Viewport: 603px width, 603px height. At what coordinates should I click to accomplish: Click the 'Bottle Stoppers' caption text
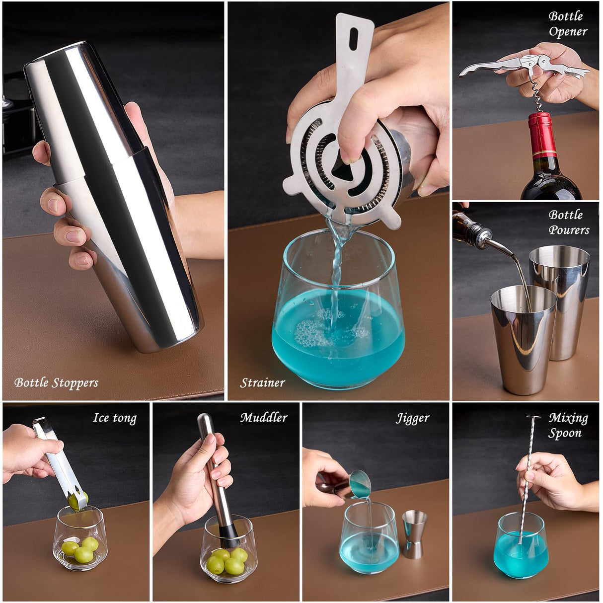[x=56, y=383]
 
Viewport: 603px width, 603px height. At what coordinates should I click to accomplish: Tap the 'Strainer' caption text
[x=262, y=383]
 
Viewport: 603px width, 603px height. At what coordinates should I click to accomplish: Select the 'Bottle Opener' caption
[x=568, y=24]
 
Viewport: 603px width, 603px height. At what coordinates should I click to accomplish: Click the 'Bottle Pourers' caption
[x=569, y=223]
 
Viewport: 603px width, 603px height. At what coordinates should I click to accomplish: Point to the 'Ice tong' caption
[x=115, y=418]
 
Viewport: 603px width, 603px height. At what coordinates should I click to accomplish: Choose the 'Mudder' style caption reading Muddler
[x=264, y=418]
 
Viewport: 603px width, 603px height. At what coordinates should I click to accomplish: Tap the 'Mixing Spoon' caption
[x=568, y=426]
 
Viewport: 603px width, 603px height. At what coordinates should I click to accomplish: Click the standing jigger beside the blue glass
[x=414, y=534]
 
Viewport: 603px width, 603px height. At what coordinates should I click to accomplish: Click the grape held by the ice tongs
[x=78, y=501]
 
